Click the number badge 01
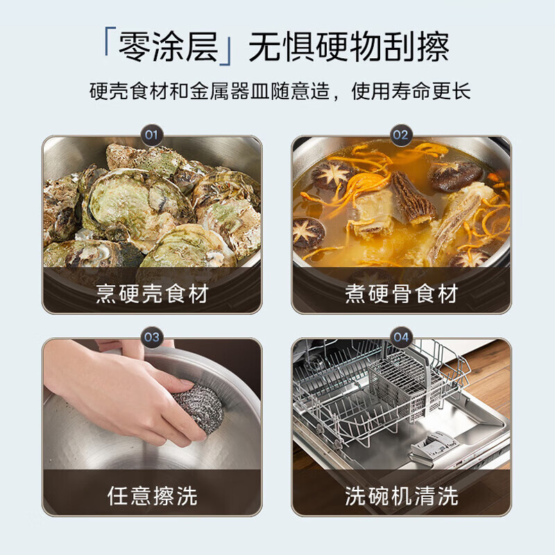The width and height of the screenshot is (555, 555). point(152,133)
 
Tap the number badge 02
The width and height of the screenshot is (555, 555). point(400,133)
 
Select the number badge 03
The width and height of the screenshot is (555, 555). point(152,337)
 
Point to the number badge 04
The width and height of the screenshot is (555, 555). point(400,337)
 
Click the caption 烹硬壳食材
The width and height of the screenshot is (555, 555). point(152,293)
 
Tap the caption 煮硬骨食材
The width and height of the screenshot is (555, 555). point(401,293)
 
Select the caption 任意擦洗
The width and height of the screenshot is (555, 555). point(152,495)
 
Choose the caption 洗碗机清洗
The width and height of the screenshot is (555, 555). point(401,495)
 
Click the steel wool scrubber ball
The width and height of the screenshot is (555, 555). point(198,409)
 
